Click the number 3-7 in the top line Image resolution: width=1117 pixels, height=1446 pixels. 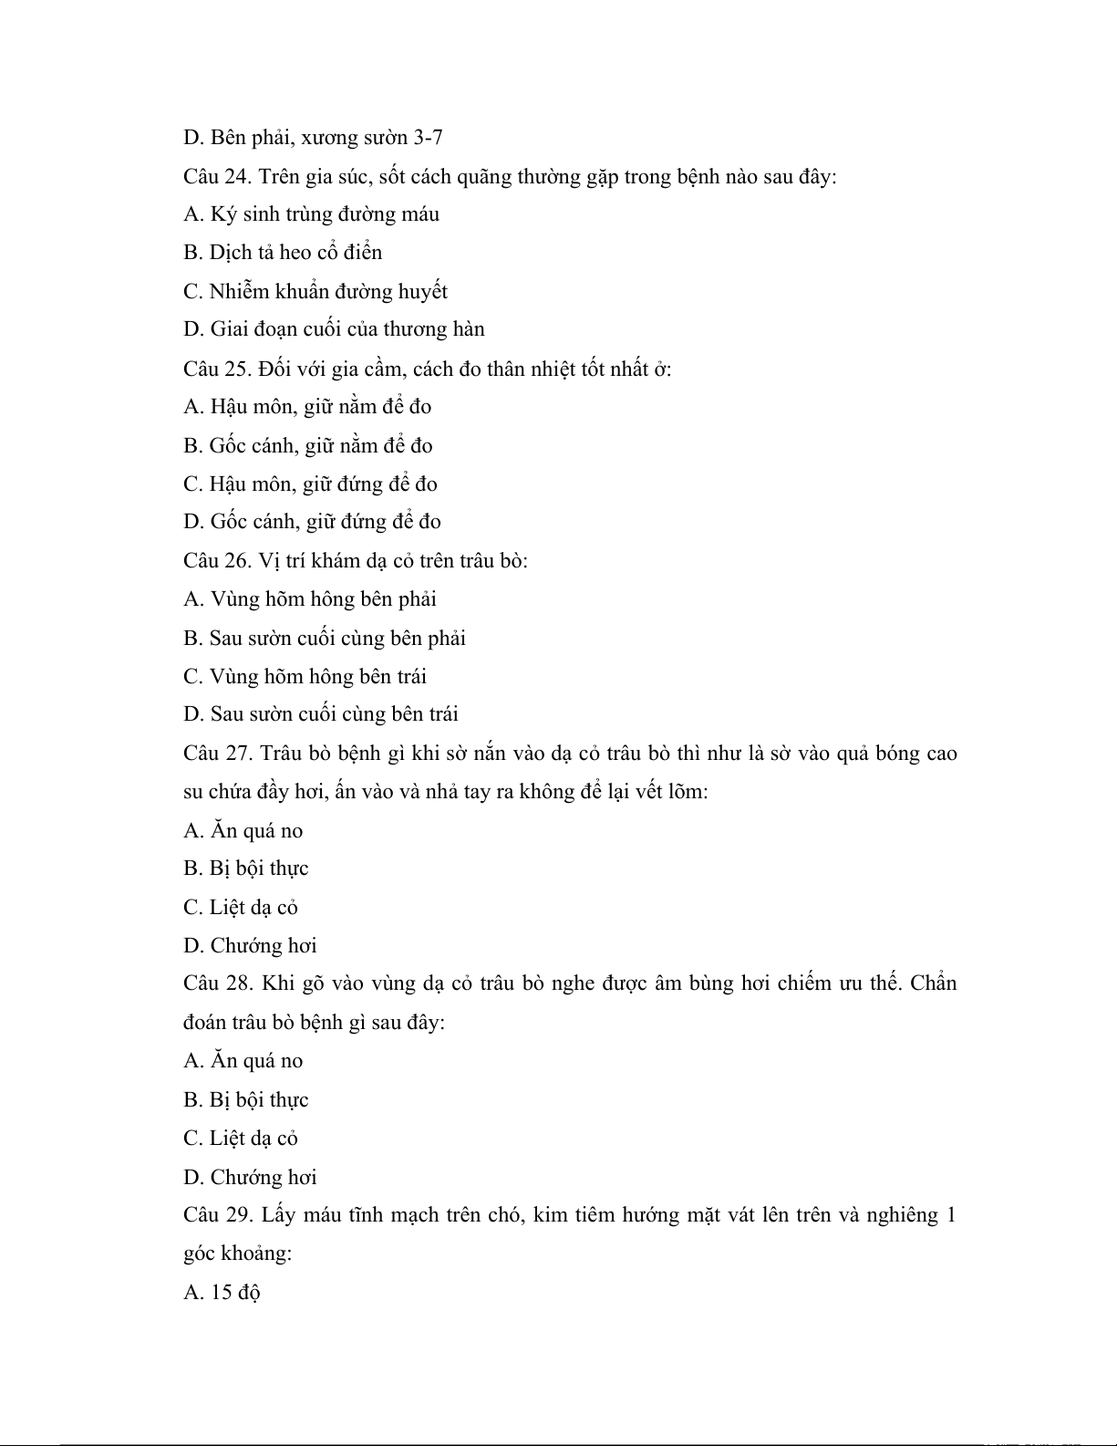(x=428, y=138)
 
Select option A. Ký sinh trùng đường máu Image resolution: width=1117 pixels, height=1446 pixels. (x=311, y=214)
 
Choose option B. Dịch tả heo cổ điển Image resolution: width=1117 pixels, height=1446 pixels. (x=283, y=253)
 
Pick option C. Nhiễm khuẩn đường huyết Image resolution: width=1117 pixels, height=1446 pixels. (x=315, y=292)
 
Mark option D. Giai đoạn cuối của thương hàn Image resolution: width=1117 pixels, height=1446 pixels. (x=334, y=329)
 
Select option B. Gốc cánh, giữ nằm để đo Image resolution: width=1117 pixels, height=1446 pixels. (x=308, y=446)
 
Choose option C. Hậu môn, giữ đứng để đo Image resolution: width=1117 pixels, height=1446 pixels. (x=310, y=484)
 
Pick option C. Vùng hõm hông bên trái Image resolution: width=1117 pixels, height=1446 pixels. (x=305, y=677)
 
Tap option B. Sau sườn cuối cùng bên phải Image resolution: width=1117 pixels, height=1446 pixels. (x=325, y=639)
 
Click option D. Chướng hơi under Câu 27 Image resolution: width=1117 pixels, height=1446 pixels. (x=250, y=946)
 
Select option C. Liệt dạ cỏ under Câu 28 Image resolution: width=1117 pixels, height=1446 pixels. (x=241, y=1139)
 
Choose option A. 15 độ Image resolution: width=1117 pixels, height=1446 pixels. (x=222, y=1293)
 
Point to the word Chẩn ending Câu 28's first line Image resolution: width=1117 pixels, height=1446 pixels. (x=933, y=983)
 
